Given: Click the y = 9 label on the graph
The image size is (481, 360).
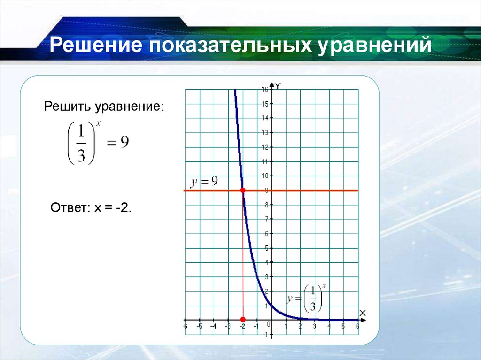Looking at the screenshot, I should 203,182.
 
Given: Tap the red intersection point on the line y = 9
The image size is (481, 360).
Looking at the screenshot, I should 243,190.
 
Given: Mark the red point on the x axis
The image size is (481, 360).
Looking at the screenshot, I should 243,319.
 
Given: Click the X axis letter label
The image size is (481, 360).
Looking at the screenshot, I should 362,313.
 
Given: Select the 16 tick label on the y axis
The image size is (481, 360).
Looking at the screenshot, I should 265,89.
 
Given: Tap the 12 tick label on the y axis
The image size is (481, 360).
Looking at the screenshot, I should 265,147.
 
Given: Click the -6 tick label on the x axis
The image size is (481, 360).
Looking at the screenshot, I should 185,326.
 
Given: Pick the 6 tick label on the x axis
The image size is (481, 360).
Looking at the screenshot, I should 357,326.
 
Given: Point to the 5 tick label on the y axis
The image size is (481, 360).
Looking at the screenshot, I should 267,248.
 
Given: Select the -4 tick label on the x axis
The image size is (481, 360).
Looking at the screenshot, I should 214,326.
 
